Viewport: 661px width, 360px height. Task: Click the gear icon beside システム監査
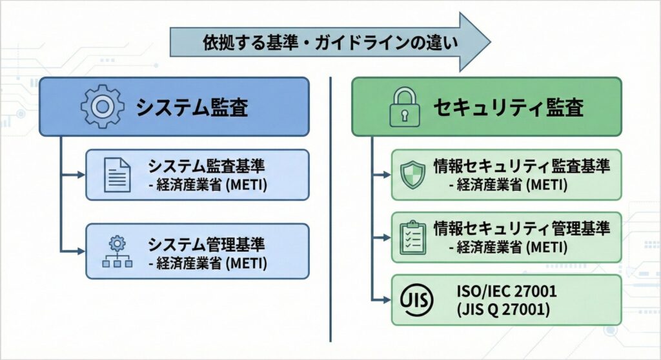click(x=102, y=107)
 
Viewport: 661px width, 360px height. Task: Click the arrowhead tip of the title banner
click(x=487, y=42)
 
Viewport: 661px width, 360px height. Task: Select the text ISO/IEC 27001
click(x=506, y=292)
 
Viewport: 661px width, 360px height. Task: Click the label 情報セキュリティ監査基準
click(x=521, y=166)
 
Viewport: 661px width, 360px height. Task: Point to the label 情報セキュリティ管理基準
click(x=521, y=228)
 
